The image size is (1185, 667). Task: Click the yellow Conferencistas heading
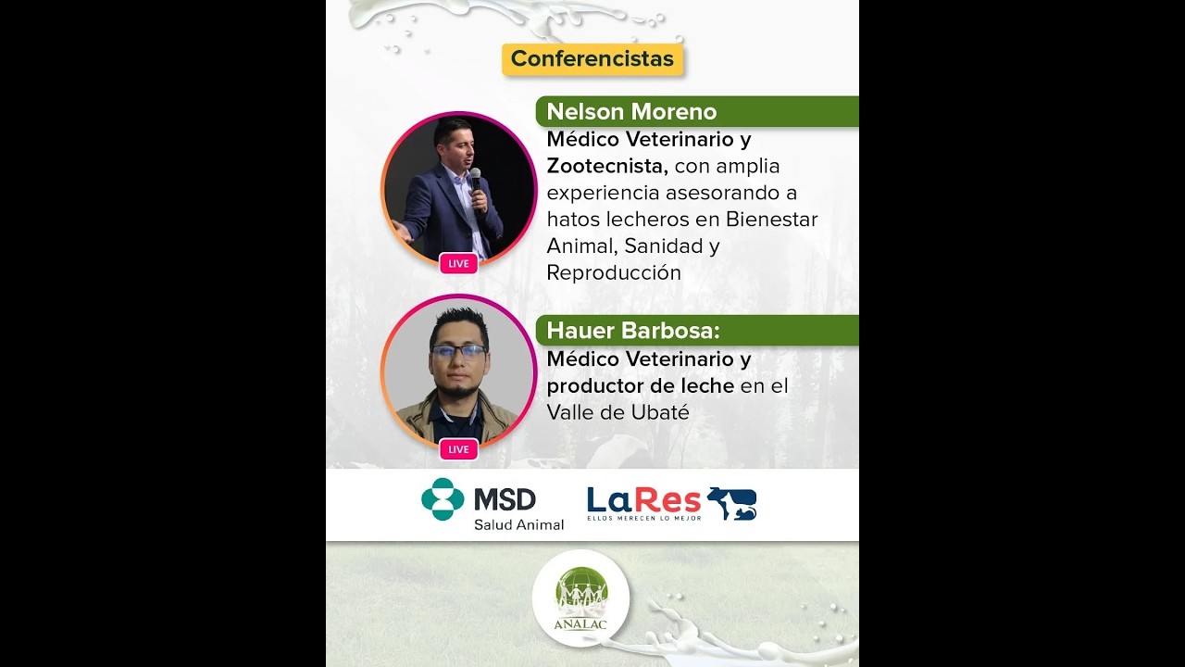pos(592,59)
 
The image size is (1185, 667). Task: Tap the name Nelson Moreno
pos(631,112)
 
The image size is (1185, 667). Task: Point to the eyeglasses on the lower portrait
pos(458,351)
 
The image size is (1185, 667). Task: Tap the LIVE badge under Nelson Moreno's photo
pos(458,264)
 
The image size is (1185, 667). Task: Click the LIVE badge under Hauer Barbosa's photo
pos(458,449)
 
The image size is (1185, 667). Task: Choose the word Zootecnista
pos(607,167)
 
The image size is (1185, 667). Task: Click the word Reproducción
pos(614,273)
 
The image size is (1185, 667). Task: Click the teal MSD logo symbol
pos(443,499)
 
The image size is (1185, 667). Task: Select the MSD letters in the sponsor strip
pos(505,500)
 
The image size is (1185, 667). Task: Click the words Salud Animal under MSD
pos(518,525)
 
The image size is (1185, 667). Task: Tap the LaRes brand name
pos(643,500)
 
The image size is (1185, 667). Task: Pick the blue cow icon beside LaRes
pos(732,503)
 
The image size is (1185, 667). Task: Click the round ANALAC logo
pos(581,598)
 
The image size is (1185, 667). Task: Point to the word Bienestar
pos(771,220)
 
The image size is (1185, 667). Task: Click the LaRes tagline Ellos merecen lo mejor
pos(643,518)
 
